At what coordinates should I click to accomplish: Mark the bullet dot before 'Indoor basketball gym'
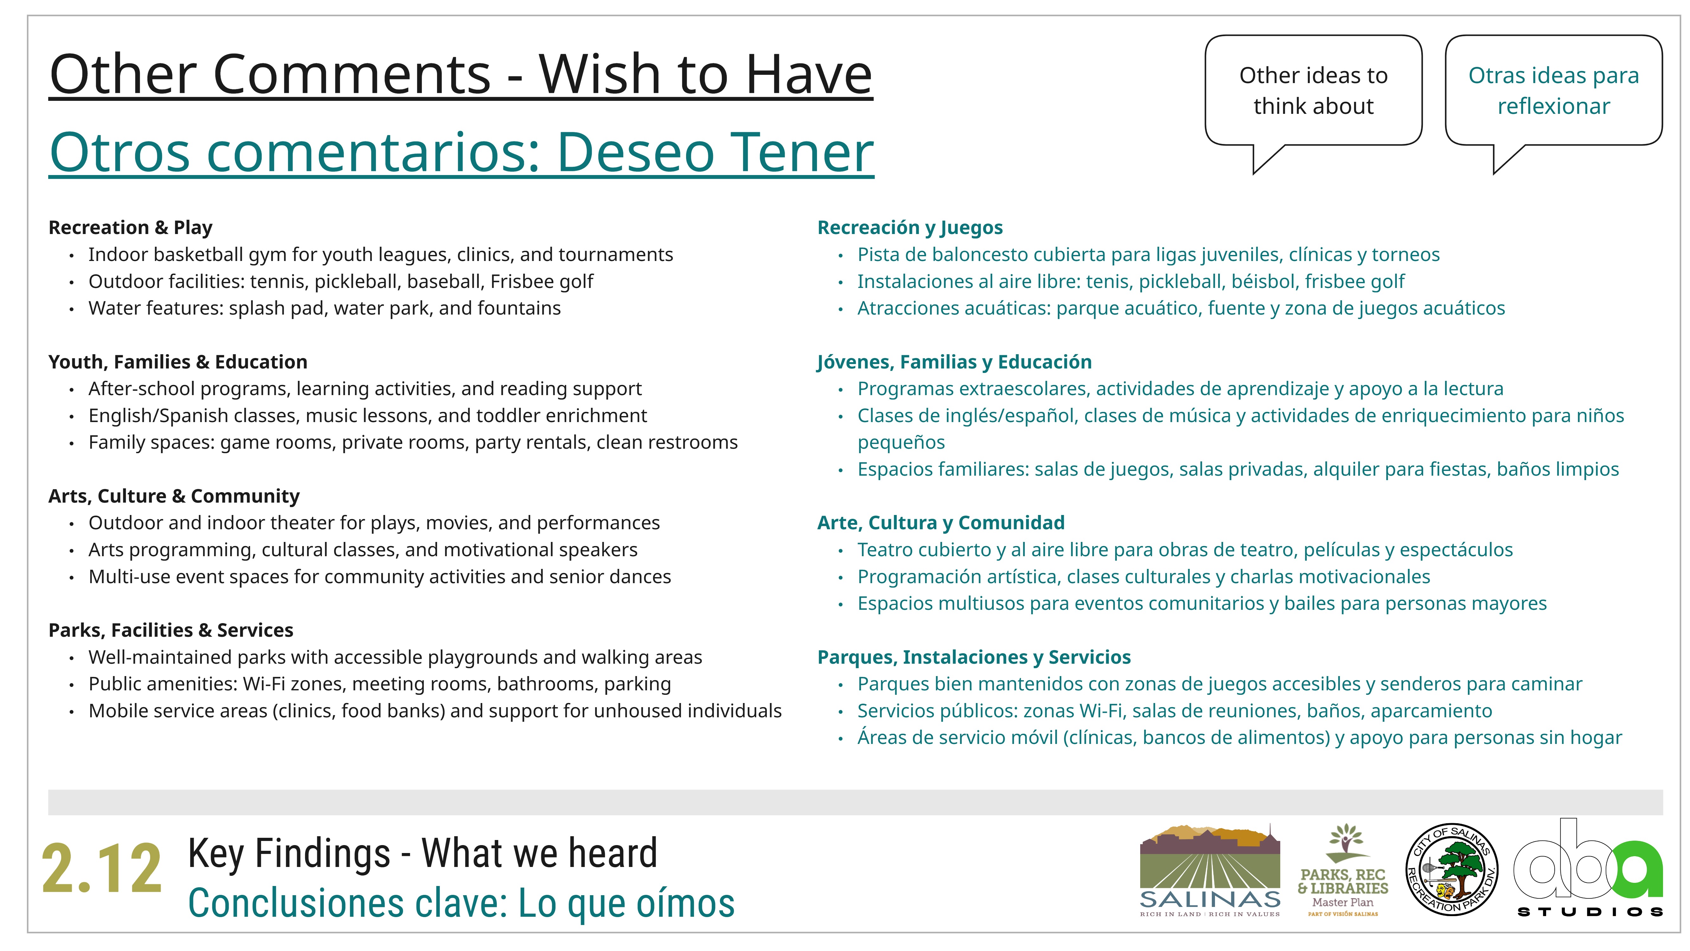pyautogui.click(x=72, y=255)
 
